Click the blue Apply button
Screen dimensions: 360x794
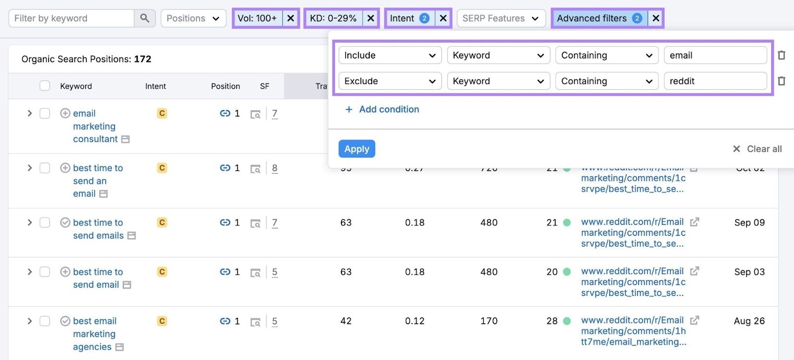point(356,148)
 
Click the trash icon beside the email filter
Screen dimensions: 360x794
point(781,55)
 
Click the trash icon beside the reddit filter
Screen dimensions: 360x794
point(781,81)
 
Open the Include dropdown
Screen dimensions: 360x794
point(390,55)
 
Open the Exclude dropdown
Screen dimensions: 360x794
point(390,81)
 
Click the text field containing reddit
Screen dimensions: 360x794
point(715,81)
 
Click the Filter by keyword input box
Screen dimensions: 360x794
point(71,18)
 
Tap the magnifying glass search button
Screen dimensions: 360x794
point(144,18)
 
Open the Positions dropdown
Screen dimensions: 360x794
point(193,18)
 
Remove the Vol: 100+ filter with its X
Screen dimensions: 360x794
point(291,18)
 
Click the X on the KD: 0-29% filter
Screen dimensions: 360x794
point(370,18)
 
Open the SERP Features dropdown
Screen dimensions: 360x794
point(500,18)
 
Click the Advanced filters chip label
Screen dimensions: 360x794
point(592,18)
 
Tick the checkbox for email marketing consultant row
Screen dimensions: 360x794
point(45,113)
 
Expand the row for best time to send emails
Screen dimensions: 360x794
point(29,222)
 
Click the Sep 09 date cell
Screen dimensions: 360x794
point(749,222)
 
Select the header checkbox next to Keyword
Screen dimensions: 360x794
point(45,86)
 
